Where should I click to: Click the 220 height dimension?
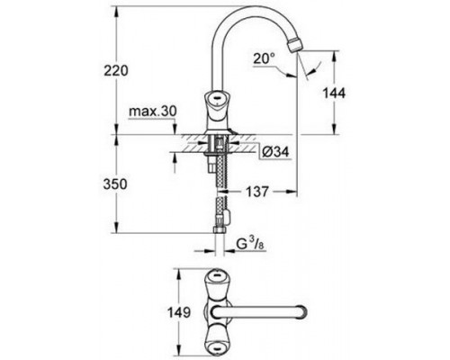pyautogui.click(x=116, y=71)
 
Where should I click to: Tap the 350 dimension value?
pyautogui.click(x=115, y=184)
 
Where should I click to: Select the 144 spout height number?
pyautogui.click(x=334, y=94)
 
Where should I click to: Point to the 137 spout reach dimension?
pyautogui.click(x=256, y=192)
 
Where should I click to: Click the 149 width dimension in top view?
pyautogui.click(x=179, y=312)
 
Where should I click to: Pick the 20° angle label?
pyautogui.click(x=264, y=58)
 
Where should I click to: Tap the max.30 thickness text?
pyautogui.click(x=153, y=112)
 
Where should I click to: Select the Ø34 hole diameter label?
pyautogui.click(x=275, y=152)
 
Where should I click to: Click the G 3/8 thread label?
pyautogui.click(x=250, y=244)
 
